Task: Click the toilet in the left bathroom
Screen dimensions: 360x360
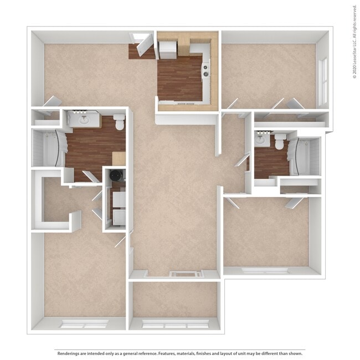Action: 119,121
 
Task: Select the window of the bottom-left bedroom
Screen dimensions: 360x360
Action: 84,324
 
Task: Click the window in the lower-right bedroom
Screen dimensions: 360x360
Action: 265,271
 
